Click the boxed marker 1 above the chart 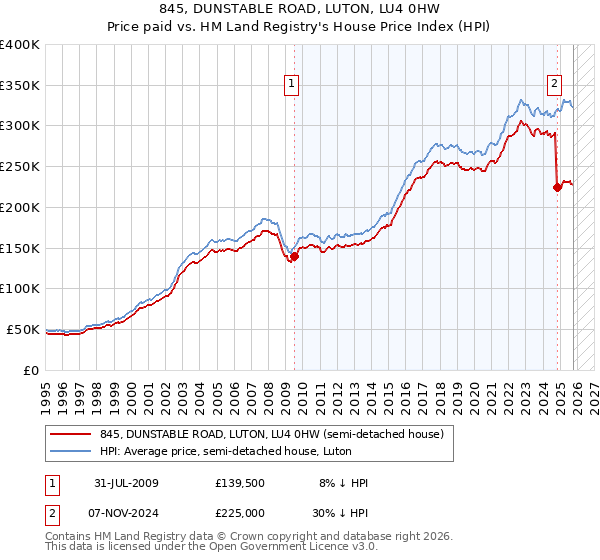[292, 85]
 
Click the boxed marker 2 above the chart [554, 85]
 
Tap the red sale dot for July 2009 [294, 256]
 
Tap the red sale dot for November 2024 [557, 187]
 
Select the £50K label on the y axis [24, 329]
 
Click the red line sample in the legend [72, 433]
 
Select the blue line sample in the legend [72, 451]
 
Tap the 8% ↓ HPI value [343, 483]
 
